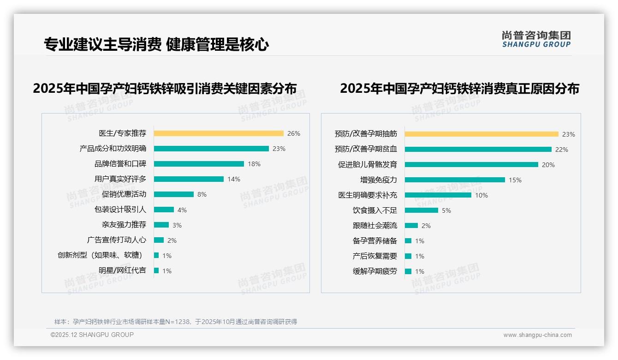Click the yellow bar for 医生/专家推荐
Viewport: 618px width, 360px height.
click(219, 133)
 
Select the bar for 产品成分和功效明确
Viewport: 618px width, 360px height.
click(211, 149)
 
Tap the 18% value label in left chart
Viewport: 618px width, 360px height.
click(254, 164)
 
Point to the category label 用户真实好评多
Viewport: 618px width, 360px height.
click(120, 179)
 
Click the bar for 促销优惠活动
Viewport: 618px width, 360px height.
click(174, 194)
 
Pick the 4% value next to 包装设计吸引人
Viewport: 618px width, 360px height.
click(182, 210)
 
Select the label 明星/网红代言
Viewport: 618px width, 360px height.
click(122, 270)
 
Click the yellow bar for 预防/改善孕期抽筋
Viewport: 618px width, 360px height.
click(481, 134)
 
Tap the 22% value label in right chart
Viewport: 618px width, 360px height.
click(562, 150)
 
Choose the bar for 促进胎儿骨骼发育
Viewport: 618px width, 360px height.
click(471, 165)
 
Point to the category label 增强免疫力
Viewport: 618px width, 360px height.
click(378, 180)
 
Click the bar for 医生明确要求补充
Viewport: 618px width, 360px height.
click(438, 195)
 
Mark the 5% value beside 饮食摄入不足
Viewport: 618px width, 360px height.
click(446, 210)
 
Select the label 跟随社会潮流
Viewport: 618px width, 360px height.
click(374, 226)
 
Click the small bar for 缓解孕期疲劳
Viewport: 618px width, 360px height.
click(408, 271)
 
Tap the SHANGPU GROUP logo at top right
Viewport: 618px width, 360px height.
click(536, 39)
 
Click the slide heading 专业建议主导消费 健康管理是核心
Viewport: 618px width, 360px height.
click(156, 45)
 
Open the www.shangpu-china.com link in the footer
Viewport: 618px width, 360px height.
click(537, 335)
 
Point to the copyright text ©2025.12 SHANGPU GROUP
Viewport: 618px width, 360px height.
click(92, 335)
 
